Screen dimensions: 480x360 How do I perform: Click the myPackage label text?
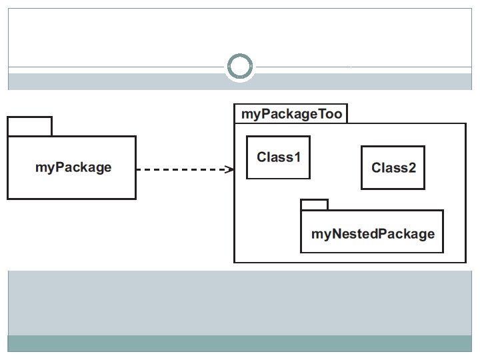click(x=73, y=167)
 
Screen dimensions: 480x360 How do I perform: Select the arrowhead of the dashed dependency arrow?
click(x=229, y=169)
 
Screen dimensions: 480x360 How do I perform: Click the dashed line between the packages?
click(x=185, y=169)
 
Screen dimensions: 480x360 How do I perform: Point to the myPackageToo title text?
click(x=292, y=114)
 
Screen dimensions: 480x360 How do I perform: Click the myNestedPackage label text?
click(x=373, y=234)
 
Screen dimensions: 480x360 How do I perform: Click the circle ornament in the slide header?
click(x=240, y=55)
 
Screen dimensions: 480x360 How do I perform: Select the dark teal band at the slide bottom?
click(x=240, y=343)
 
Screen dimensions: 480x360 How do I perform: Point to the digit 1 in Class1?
click(x=297, y=157)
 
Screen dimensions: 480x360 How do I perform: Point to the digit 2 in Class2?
click(x=412, y=168)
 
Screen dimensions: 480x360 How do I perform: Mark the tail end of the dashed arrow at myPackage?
click(x=137, y=169)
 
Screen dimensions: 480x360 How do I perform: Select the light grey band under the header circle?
click(x=240, y=82)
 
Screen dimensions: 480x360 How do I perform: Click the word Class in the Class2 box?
click(x=389, y=168)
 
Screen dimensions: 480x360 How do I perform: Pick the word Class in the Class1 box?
click(x=275, y=157)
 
